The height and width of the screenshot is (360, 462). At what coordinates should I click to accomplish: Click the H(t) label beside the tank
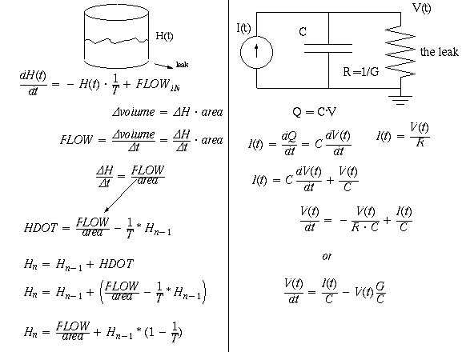click(164, 36)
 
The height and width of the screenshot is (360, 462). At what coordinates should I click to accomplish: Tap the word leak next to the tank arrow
click(182, 64)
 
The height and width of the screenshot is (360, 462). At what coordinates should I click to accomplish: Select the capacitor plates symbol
click(328, 48)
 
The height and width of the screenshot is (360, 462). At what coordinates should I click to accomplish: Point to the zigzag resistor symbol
click(400, 52)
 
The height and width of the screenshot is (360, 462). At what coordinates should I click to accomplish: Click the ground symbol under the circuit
click(400, 100)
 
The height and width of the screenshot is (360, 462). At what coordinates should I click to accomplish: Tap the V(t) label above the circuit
click(422, 8)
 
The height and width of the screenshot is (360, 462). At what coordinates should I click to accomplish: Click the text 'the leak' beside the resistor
click(439, 52)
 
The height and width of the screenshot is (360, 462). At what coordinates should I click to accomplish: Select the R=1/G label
click(361, 71)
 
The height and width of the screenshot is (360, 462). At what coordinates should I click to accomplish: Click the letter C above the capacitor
click(303, 31)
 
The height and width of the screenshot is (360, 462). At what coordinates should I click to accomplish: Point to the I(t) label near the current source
click(243, 28)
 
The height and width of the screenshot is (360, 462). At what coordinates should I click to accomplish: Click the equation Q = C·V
click(314, 111)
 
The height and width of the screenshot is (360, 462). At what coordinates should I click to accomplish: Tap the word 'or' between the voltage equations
click(327, 256)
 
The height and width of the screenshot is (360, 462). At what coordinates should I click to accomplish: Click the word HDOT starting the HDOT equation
click(41, 228)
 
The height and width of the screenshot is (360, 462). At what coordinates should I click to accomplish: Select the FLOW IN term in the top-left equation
click(158, 85)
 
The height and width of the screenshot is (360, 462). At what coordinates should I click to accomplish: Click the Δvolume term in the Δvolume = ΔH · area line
click(134, 112)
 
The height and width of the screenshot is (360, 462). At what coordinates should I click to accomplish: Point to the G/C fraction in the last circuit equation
click(380, 292)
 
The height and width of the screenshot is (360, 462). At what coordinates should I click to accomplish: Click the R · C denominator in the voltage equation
click(365, 227)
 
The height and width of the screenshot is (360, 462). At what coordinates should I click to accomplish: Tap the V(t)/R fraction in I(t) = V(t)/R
click(420, 134)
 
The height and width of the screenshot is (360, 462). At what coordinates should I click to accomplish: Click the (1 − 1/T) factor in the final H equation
click(163, 332)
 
